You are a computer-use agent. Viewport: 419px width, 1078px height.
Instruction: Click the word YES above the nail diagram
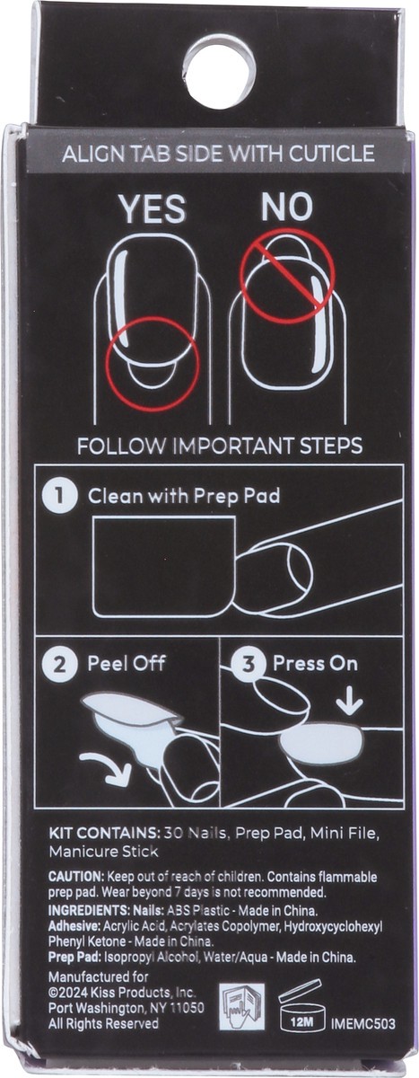[x=153, y=209]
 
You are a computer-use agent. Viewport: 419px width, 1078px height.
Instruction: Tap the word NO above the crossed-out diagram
[x=287, y=207]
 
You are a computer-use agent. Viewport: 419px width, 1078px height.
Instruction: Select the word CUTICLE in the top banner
[x=332, y=154]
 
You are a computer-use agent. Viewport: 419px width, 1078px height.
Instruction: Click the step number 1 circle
[x=59, y=496]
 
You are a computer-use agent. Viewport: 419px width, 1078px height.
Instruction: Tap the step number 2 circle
[x=59, y=665]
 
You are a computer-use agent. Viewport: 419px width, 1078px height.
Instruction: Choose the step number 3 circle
[x=248, y=665]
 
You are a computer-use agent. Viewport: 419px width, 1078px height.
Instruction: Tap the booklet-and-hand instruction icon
[x=241, y=1006]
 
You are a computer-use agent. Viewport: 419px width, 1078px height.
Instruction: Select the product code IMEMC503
[x=362, y=1023]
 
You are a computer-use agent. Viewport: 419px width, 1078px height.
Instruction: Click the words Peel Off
[x=127, y=663]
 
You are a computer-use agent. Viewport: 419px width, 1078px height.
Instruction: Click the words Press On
[x=315, y=663]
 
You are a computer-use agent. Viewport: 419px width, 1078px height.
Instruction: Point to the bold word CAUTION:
[x=76, y=877]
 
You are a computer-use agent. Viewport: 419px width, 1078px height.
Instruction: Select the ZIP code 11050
[x=188, y=1008]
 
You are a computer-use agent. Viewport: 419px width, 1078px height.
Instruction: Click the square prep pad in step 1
[x=164, y=567]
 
